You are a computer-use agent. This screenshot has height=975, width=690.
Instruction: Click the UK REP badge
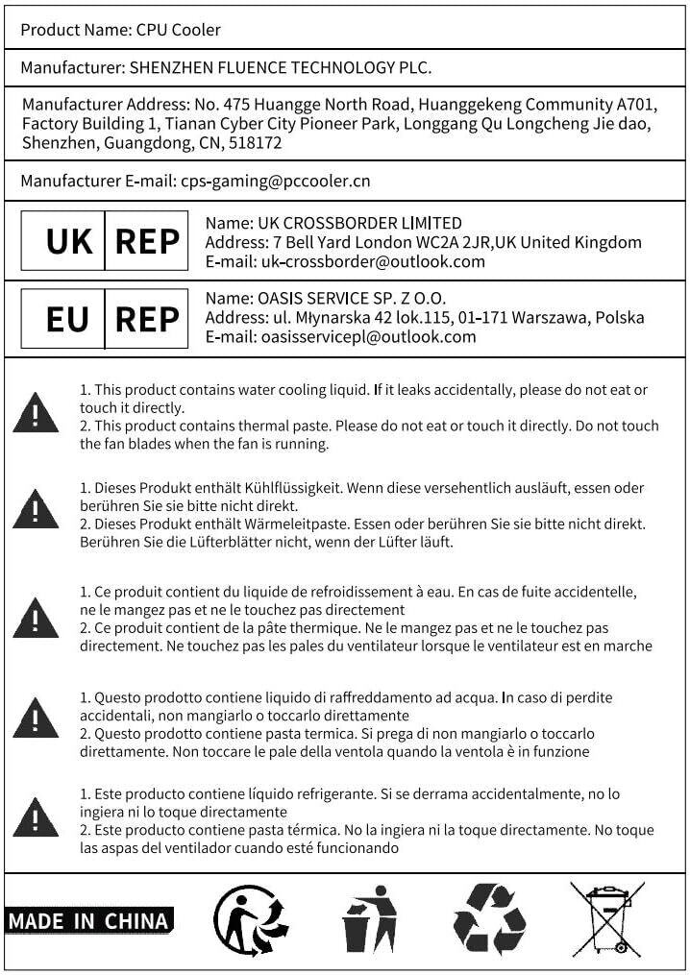[105, 241]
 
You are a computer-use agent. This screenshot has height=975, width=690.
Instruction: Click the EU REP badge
[105, 318]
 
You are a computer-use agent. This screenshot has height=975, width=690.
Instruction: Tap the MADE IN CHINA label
[88, 920]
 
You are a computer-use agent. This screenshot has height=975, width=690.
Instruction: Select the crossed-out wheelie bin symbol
[607, 919]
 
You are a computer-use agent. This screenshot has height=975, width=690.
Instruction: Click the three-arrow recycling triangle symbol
[490, 919]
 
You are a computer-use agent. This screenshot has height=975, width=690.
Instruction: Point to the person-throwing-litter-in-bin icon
[370, 919]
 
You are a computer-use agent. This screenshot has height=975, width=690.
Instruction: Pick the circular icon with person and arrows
[251, 919]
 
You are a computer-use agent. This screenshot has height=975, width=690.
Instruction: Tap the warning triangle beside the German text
[36, 508]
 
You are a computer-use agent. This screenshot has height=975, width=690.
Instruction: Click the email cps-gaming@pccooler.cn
[276, 181]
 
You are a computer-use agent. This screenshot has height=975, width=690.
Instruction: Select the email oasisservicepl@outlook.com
[368, 336]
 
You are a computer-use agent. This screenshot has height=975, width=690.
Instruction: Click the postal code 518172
[257, 143]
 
